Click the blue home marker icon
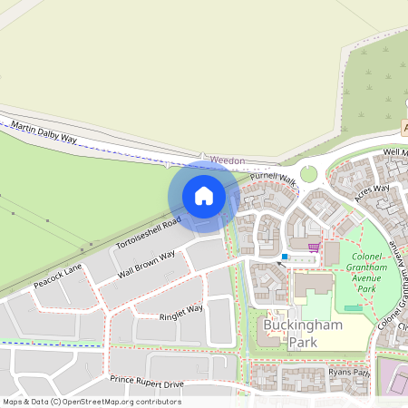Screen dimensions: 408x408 click(x=204, y=196)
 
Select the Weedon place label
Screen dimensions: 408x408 click(x=227, y=160)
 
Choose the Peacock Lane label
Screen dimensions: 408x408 click(x=57, y=275)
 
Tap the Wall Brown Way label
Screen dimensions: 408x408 click(x=146, y=267)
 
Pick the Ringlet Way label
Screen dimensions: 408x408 click(x=181, y=313)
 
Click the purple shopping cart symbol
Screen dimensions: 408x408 click(x=314, y=246)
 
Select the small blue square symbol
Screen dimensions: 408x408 click(x=285, y=257)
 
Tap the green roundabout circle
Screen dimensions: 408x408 click(x=309, y=174)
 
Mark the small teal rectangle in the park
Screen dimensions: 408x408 click(x=353, y=309)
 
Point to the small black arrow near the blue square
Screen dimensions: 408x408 click(x=280, y=264)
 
